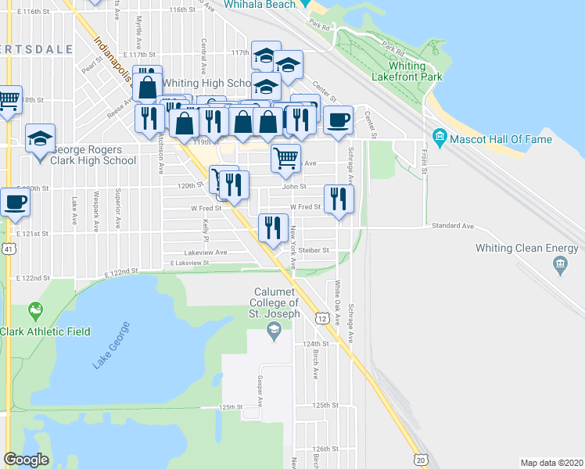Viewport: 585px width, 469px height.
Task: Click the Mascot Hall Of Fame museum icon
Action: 439,139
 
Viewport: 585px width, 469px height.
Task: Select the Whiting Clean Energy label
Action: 528,249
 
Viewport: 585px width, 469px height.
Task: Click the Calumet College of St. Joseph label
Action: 275,303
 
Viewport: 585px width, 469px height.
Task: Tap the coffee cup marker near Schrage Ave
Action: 338,121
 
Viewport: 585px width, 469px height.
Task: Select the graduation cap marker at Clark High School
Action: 40,139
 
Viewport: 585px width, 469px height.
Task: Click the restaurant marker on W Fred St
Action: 339,199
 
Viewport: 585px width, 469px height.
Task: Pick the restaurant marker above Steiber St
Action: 273,228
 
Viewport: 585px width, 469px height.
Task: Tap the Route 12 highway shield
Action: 322,318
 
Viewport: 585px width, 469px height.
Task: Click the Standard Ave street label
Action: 453,226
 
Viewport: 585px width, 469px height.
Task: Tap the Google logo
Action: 26,460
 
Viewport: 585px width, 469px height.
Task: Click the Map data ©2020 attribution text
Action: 551,463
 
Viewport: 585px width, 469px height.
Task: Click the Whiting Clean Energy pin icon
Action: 560,265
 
